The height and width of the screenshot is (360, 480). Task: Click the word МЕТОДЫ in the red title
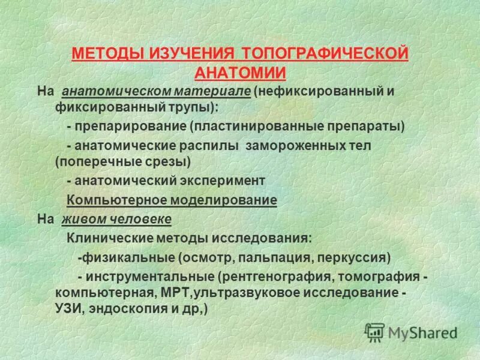click(106, 54)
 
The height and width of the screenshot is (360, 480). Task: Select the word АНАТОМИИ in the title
click(240, 73)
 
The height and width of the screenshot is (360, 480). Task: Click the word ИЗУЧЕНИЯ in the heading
click(191, 54)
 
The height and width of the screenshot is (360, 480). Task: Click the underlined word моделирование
click(227, 200)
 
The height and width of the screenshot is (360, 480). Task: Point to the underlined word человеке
click(141, 219)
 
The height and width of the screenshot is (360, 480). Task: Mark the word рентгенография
click(275, 277)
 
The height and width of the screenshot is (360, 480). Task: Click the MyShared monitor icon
click(375, 332)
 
